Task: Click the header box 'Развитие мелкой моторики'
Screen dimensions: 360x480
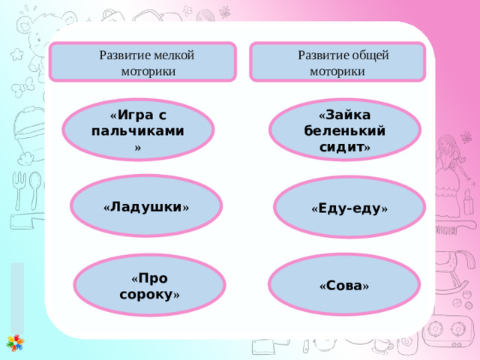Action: point(143,61)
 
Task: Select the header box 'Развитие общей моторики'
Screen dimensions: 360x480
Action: point(337,61)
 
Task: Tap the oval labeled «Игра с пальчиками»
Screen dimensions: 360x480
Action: point(138,130)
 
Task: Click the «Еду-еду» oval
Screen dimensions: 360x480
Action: point(349,208)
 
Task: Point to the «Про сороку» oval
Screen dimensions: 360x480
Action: point(150,286)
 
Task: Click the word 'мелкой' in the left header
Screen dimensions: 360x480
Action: point(175,55)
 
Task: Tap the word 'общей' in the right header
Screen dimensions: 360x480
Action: point(369,55)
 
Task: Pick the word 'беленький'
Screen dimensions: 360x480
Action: point(345,130)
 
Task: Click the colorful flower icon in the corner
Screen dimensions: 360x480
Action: point(14,343)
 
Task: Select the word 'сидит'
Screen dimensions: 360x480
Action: point(340,146)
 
